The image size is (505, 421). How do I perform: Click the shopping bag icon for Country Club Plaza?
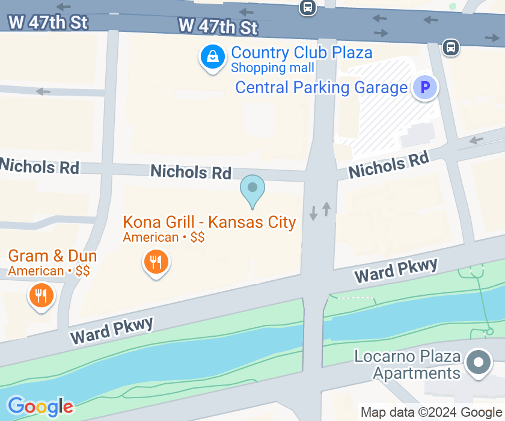tap(212, 58)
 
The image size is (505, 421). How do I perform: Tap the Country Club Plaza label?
tap(301, 53)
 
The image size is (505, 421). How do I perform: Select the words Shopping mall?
tap(272, 68)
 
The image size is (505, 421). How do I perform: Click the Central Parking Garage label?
tap(321, 88)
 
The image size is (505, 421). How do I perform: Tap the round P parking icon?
tap(425, 88)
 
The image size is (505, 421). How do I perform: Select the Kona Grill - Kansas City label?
tap(209, 222)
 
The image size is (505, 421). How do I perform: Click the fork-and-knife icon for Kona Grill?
tap(156, 262)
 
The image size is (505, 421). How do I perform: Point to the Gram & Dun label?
tap(52, 257)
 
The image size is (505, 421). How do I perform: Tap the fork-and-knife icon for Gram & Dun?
tap(41, 295)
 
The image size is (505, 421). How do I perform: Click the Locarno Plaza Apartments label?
tap(408, 364)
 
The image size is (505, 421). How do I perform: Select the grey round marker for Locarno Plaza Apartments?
tap(479, 363)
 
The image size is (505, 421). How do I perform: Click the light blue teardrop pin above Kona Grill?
tap(252, 189)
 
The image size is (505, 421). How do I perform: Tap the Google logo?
tap(40, 407)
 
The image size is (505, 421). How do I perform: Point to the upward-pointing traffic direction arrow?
tap(326, 209)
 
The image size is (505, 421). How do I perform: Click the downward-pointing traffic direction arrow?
tap(313, 213)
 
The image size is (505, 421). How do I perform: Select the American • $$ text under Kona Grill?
tap(164, 238)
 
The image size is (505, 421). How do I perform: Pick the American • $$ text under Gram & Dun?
tap(49, 271)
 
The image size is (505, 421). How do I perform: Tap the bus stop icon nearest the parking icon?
tap(450, 47)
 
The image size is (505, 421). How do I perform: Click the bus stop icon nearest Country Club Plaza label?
tap(307, 7)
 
